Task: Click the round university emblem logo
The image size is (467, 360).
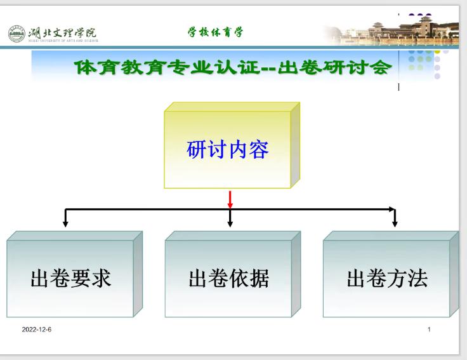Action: pyautogui.click(x=16, y=34)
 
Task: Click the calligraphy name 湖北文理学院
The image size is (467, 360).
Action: pyautogui.click(x=63, y=33)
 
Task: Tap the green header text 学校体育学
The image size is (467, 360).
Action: pyautogui.click(x=215, y=32)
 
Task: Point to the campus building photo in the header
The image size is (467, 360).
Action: pyautogui.click(x=391, y=30)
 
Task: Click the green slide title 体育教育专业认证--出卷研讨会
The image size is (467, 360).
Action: pyautogui.click(x=233, y=67)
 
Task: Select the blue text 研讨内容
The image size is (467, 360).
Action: pyautogui.click(x=228, y=149)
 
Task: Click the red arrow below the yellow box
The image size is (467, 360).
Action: pyautogui.click(x=230, y=199)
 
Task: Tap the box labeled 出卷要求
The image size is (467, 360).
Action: pyautogui.click(x=74, y=274)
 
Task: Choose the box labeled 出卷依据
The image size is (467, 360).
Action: pyautogui.click(x=233, y=274)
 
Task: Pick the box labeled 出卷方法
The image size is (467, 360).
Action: pyautogui.click(x=391, y=274)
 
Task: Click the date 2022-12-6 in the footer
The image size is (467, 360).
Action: pyautogui.click(x=37, y=330)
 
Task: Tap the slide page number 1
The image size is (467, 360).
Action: pyautogui.click(x=429, y=330)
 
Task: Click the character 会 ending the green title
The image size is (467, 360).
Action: pyautogui.click(x=381, y=67)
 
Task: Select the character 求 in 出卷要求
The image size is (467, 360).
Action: pyautogui.click(x=102, y=278)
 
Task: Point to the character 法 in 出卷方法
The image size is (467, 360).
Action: pyautogui.click(x=418, y=278)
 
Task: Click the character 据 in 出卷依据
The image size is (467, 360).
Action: pyautogui.click(x=260, y=278)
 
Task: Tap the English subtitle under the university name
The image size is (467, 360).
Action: pyautogui.click(x=63, y=41)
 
